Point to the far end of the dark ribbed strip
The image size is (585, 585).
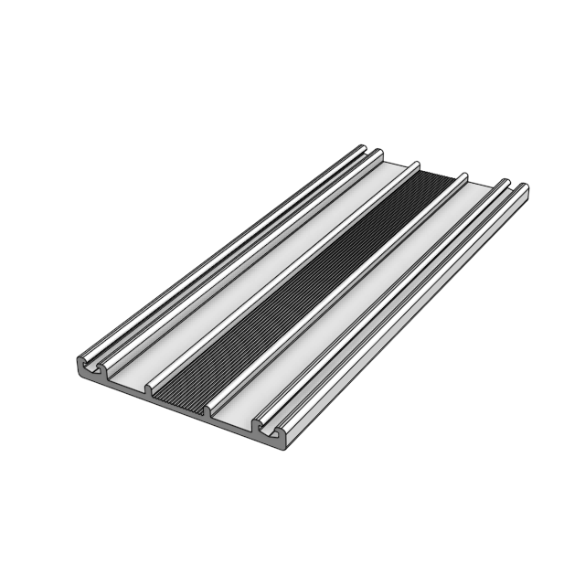(x=439, y=177)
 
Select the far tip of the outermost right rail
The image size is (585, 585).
(x=524, y=189)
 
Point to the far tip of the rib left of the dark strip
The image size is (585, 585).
(x=416, y=165)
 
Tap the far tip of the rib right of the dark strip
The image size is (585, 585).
(x=463, y=176)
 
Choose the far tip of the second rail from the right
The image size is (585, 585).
(x=505, y=183)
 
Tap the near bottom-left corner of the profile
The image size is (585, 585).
(x=75, y=372)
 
